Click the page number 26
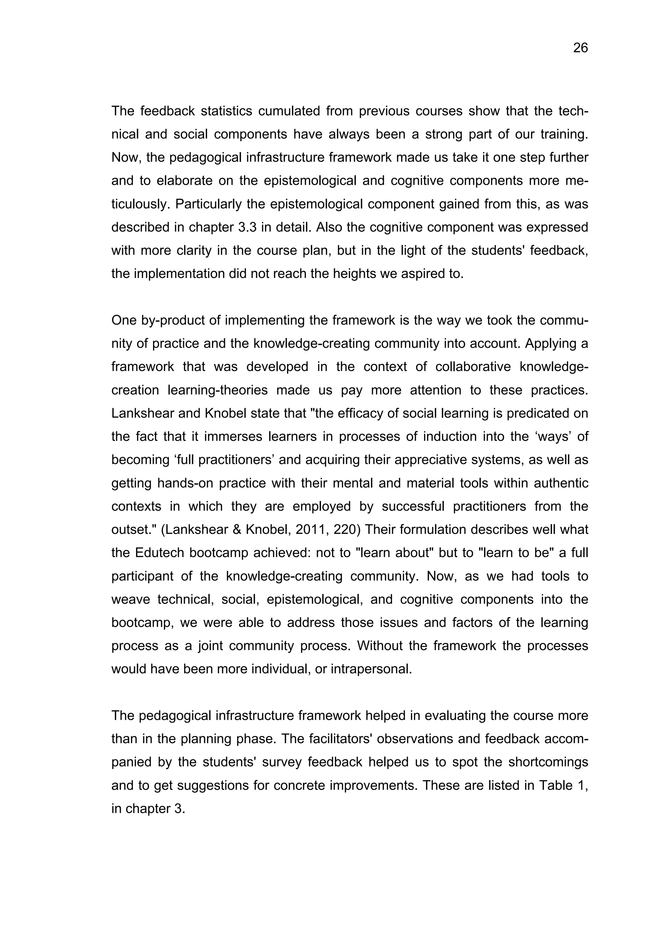click(580, 48)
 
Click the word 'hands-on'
click(184, 483)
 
